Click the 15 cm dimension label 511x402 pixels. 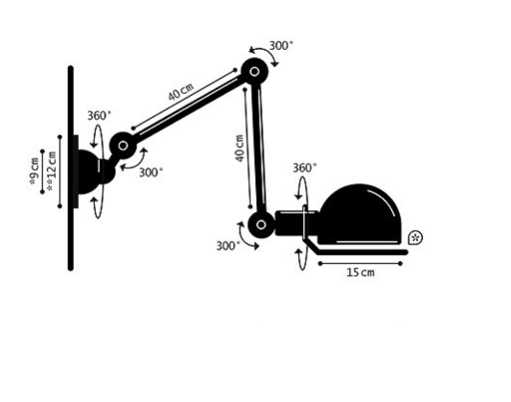[360, 272]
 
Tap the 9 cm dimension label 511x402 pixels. [35, 171]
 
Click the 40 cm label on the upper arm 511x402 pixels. [181, 91]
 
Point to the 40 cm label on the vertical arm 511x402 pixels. [240, 148]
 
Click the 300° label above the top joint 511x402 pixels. [281, 46]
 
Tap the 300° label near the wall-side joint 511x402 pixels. [151, 172]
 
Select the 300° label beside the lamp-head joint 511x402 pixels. [228, 246]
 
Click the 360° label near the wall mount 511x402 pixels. [99, 115]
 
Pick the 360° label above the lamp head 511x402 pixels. [304, 168]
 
